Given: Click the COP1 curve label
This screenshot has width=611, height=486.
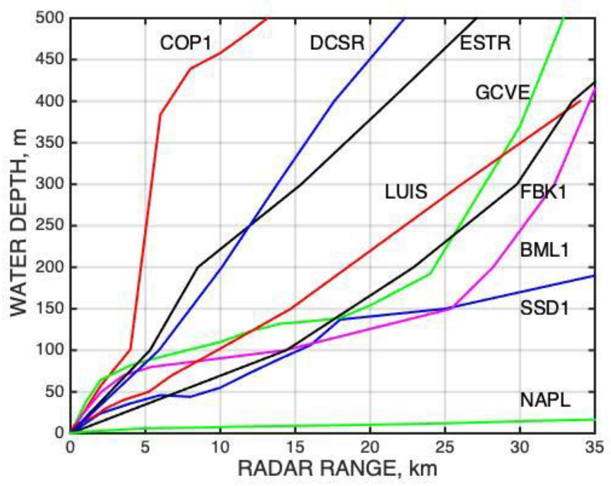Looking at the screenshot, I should [186, 43].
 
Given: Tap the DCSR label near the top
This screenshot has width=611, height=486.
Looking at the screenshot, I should [337, 43].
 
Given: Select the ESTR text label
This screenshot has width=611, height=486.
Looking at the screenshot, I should [485, 43].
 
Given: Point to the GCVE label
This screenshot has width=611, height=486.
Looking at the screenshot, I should [503, 92].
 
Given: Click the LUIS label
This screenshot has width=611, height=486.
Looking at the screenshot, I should [406, 192].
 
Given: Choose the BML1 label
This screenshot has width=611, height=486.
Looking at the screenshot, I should [544, 251].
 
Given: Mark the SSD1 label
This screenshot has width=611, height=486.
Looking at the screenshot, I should [544, 308].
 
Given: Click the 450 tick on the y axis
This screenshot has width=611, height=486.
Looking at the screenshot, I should [50, 59].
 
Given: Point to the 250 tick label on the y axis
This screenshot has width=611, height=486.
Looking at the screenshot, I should [50, 225].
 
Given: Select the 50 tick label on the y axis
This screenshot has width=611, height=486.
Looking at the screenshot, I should [55, 391].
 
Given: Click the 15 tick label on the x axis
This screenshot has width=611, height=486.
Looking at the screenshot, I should [295, 447].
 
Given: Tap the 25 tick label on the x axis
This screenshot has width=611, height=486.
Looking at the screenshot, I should [445, 447].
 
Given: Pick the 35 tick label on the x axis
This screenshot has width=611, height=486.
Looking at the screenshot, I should [594, 447].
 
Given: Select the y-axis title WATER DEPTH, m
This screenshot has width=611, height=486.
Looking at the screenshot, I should [18, 223].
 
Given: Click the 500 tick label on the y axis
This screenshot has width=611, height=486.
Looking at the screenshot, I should [50, 18].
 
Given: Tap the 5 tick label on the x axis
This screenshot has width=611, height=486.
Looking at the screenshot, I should [146, 447].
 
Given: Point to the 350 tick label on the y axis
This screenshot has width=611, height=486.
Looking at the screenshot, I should [50, 142].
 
